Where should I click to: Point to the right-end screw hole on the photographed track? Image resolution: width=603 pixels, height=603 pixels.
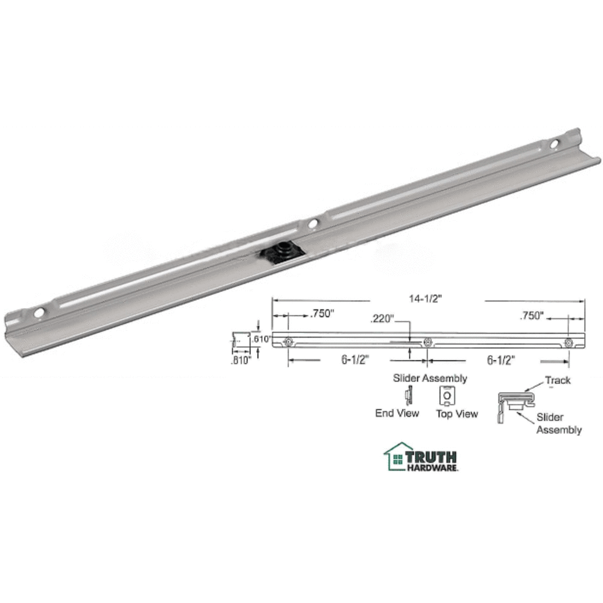coord(554,144)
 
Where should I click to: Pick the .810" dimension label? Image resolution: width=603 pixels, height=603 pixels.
coord(241,362)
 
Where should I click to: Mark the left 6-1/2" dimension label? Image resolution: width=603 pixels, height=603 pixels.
coord(356,360)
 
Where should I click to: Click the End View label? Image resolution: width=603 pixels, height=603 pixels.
coord(397,413)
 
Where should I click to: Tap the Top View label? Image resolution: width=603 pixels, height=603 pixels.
coord(456,414)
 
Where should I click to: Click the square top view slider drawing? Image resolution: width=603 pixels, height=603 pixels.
coord(447,396)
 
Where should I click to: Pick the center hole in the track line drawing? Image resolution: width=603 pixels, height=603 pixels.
coord(428,342)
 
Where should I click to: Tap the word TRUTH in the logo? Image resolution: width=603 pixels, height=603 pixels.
coord(431,456)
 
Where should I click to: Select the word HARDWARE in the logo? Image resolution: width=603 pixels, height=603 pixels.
coord(431,467)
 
